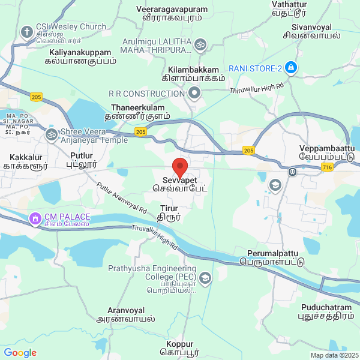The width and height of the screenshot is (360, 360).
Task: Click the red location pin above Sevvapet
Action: pos(180,166)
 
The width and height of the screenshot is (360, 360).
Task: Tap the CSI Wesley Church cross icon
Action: pos(27,31)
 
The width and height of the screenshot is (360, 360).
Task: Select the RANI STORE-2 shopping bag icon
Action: pos(291,68)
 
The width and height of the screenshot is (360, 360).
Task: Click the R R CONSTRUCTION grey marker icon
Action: pos(194,93)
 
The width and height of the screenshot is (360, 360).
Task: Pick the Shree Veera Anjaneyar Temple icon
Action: pos(51,132)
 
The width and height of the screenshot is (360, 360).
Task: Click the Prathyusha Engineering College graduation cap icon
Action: pos(206,278)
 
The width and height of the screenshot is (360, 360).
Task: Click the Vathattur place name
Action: pos(289,7)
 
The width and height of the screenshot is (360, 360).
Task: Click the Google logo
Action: pos(20,353)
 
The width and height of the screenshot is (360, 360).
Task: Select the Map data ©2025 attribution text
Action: pos(334,355)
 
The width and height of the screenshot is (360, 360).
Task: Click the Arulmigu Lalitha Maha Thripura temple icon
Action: pos(200,43)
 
